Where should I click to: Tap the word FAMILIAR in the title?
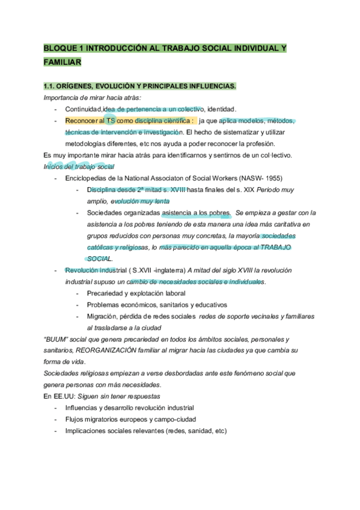63,62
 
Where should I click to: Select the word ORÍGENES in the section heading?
78,87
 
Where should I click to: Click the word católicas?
103,247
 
